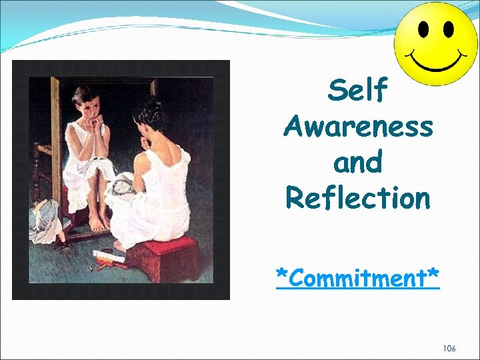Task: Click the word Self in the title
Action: [x=357, y=90]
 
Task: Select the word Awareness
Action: [x=358, y=125]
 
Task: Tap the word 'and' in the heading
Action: [x=358, y=161]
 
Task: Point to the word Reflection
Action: [x=358, y=197]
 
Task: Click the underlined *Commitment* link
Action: [x=358, y=278]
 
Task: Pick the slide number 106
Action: [x=448, y=349]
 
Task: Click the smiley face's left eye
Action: [x=423, y=29]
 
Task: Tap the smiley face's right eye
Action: [x=448, y=29]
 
